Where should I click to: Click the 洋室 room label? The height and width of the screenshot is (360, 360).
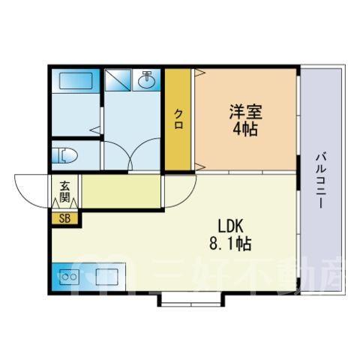246,112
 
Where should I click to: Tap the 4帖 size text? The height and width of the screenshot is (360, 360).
245,129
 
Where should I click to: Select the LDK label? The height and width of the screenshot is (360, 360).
230,226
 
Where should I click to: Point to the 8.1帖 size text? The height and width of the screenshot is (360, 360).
230,244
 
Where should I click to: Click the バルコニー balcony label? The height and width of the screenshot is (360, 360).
322,181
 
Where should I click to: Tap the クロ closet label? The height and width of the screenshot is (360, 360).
178,119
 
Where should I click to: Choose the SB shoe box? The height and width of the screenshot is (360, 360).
64,219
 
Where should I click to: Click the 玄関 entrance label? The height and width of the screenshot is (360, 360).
64,191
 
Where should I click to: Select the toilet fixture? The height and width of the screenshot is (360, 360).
64,155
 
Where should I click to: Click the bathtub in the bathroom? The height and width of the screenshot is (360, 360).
76,80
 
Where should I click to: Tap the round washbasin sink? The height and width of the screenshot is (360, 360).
147,81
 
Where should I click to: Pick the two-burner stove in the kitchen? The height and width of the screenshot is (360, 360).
69,277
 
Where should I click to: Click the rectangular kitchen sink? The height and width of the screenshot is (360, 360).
106,277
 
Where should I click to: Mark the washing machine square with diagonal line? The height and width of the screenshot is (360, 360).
118,79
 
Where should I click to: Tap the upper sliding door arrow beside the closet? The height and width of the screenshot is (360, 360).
200,73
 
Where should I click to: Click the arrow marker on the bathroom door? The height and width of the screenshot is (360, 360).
95,130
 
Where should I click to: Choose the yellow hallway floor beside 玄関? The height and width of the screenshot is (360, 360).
121,191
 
